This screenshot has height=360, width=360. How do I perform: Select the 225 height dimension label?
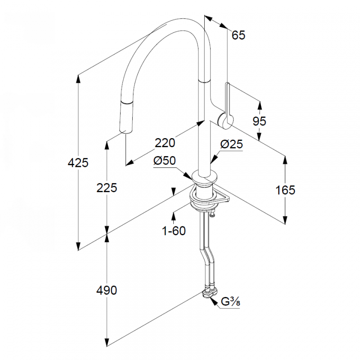[107, 188]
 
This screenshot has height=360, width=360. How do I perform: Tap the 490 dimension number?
[107, 290]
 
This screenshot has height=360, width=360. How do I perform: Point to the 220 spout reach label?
[165, 143]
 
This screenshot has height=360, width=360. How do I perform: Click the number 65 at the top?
[238, 35]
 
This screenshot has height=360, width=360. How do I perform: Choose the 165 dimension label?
[285, 190]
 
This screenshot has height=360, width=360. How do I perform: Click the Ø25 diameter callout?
[232, 144]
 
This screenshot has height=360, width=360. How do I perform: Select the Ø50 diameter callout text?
[164, 161]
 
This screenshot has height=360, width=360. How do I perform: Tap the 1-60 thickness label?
[174, 230]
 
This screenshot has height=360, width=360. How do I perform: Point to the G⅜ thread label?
[230, 302]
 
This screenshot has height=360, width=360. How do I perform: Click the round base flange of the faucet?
[206, 176]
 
